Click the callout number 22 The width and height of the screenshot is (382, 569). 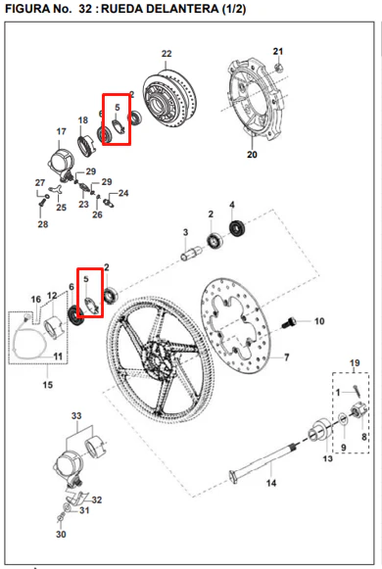(167, 54)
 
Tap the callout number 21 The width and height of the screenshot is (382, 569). (278, 51)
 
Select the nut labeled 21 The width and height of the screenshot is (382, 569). (279, 67)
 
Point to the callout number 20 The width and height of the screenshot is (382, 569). (252, 154)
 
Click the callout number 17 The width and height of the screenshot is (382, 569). (62, 132)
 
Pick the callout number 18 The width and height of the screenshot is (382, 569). (83, 120)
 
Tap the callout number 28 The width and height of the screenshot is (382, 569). (43, 224)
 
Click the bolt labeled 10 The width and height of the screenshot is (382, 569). (289, 322)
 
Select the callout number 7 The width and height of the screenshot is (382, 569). (287, 357)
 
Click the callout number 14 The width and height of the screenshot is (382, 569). (271, 483)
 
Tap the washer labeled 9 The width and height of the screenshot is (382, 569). (343, 419)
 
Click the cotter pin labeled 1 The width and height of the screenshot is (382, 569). (357, 392)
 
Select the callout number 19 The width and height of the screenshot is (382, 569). (355, 363)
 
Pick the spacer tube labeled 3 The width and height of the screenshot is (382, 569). (190, 253)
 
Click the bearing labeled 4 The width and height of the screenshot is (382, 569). (238, 228)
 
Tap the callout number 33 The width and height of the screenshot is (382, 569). (76, 416)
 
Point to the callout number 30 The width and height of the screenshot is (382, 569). (61, 534)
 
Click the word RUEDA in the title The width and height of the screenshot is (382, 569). (121, 9)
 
